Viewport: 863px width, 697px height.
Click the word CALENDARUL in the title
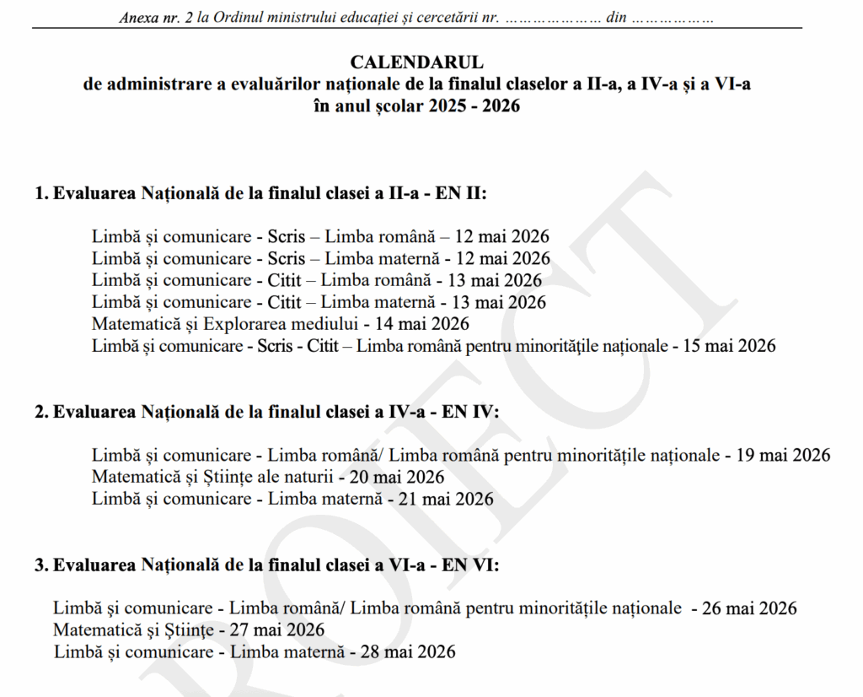coord(416,62)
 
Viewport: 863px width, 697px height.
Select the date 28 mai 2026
coord(408,651)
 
